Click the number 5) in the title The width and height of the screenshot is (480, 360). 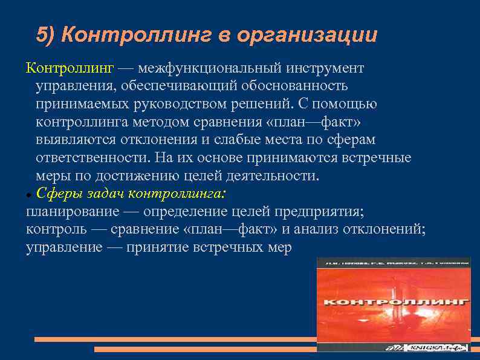pos(46,35)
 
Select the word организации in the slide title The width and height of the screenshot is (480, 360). pos(306,35)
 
